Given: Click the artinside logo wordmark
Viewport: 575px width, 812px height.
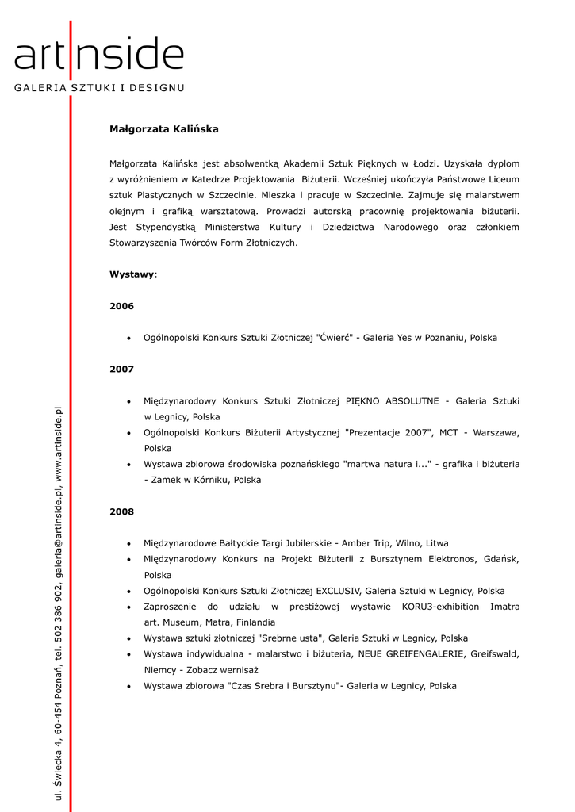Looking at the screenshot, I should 98,56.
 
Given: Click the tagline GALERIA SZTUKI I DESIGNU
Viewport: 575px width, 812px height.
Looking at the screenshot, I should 98,87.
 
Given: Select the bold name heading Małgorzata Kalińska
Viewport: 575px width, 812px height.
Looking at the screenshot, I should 163,129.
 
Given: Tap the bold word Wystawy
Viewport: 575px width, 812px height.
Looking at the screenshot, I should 132,274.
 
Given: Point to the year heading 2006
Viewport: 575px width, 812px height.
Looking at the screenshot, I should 121,306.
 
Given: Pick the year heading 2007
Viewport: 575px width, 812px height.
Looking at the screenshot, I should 121,370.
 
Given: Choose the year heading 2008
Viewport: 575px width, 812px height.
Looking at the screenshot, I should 121,512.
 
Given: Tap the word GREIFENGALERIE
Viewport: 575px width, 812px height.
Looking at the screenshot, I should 424,654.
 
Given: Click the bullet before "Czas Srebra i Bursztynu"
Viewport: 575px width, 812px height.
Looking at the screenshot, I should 128,687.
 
